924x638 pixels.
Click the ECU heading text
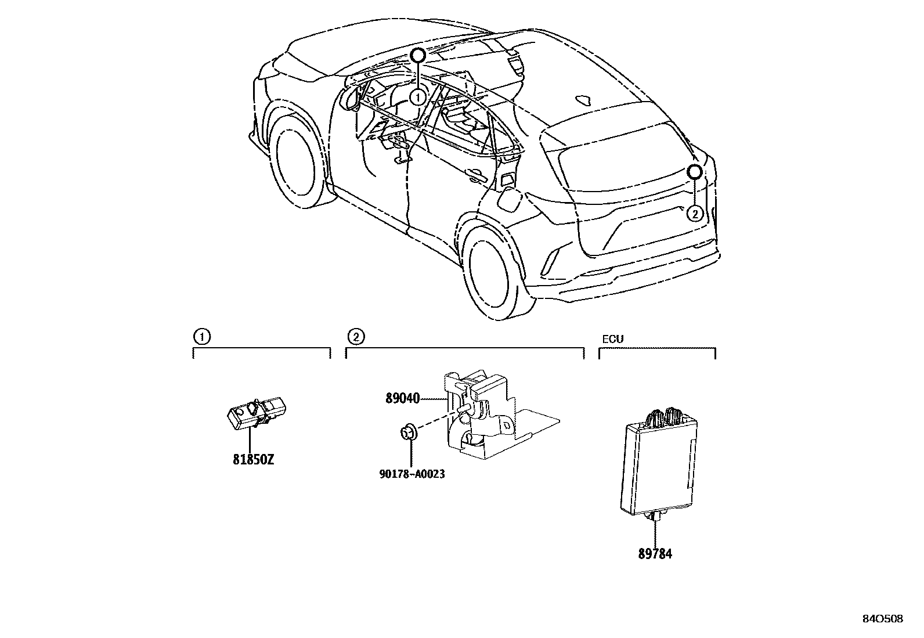coord(613,339)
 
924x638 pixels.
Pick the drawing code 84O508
coord(883,619)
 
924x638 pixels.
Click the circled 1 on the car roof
coord(417,98)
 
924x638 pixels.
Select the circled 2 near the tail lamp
coord(695,214)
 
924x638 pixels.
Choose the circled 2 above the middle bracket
coord(355,336)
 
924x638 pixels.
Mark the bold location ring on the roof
coord(418,56)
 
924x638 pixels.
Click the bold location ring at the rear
coord(695,172)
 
